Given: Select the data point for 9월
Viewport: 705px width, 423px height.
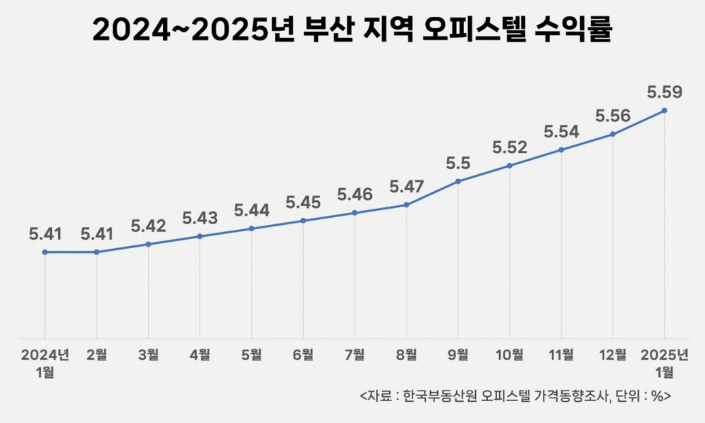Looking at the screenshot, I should tap(458, 181).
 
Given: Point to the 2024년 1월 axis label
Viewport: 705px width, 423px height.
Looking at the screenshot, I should tap(45, 362).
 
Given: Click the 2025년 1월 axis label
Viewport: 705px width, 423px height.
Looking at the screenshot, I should tap(664, 362).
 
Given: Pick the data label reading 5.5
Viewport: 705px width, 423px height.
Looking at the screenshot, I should tap(458, 163).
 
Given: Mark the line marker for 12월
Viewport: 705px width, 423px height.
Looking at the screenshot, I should tap(613, 134).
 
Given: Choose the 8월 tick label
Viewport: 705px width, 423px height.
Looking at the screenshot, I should tap(407, 355).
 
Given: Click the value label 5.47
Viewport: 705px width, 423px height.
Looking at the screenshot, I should tap(407, 187).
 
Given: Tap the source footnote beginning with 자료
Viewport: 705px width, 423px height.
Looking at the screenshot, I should tap(515, 396).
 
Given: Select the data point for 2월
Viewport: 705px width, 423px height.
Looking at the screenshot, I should tap(97, 252).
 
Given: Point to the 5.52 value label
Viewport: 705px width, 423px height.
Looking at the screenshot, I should tap(510, 147).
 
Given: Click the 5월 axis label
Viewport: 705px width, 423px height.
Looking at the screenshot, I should tap(252, 355).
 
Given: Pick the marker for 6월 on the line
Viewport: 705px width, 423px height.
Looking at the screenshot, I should tap(303, 221).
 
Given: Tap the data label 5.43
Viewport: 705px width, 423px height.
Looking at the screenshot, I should tap(200, 218).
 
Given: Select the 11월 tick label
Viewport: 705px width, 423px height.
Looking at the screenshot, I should tap(561, 355).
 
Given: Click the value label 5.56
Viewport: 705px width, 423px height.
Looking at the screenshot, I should tap(613, 116).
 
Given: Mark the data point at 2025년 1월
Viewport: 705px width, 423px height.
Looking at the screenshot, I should tap(664, 111).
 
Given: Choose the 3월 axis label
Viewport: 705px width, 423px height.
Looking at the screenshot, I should tap(148, 355).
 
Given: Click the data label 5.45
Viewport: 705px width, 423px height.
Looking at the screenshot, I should tap(303, 202).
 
